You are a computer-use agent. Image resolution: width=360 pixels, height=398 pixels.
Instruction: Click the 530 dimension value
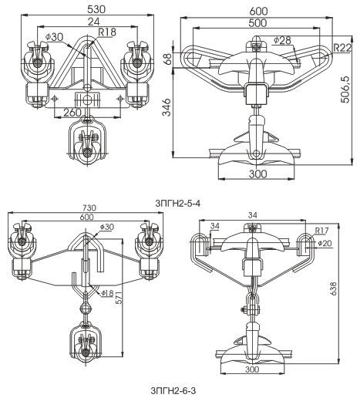96,9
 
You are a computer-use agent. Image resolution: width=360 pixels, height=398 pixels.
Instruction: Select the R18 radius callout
107,32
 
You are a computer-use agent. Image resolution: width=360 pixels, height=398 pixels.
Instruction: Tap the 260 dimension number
72,113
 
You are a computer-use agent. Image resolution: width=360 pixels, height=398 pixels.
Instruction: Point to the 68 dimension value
167,59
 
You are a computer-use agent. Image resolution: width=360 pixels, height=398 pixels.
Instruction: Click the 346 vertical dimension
167,107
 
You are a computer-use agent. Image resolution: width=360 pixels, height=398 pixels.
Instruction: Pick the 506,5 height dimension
345,89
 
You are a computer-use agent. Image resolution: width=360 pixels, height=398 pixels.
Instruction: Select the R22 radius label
342,48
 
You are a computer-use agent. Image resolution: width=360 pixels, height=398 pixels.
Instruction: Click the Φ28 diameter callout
282,40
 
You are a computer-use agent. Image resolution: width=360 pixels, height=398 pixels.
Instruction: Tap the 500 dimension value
258,23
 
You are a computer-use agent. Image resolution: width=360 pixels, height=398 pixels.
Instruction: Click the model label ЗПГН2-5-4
178,204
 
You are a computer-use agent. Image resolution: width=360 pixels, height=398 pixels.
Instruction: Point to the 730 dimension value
89,207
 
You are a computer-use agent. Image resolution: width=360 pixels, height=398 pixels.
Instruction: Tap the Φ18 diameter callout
107,293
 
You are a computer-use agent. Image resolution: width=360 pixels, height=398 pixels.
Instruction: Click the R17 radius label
322,231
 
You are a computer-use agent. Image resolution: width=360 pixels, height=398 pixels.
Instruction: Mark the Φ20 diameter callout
325,243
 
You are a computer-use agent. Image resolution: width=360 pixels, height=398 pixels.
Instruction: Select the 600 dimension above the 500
258,12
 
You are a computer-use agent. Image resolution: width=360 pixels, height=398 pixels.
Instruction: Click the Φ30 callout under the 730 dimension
107,227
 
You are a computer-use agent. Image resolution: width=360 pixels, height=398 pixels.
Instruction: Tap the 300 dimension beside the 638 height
252,369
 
